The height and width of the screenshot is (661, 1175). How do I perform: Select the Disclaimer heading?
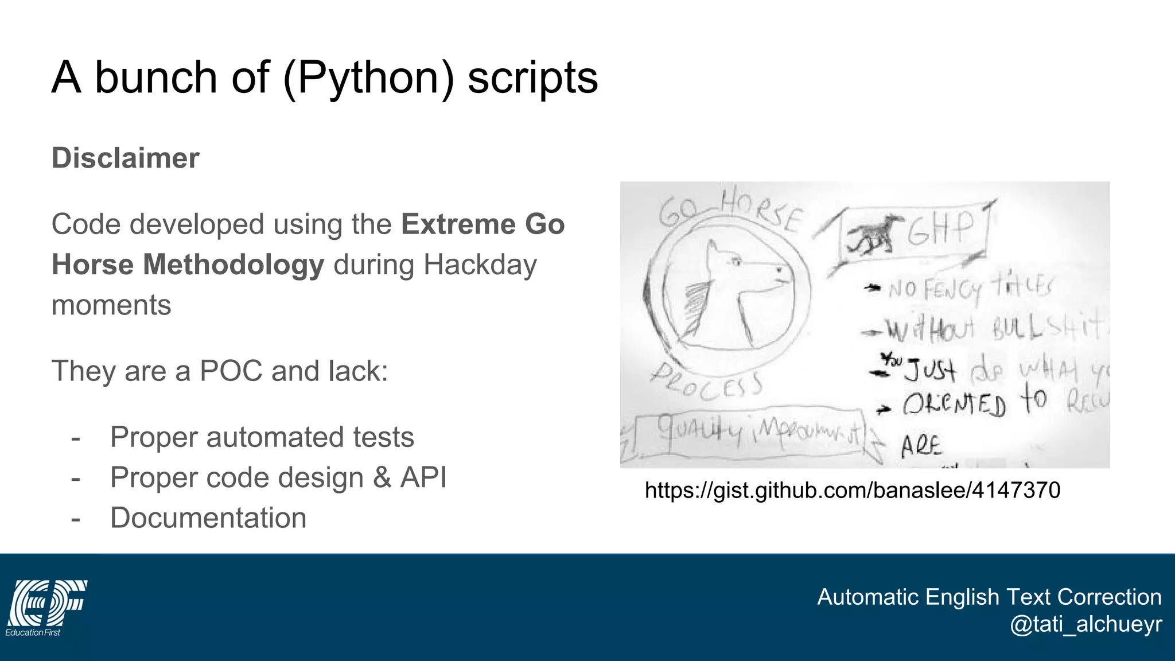(x=126, y=158)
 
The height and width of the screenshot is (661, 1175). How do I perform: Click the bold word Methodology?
(x=233, y=265)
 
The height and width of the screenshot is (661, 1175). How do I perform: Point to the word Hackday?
(x=480, y=265)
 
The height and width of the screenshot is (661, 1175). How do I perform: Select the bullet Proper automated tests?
(x=262, y=437)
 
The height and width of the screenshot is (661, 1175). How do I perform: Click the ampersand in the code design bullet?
(x=382, y=477)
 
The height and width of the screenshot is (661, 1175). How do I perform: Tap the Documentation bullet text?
(x=208, y=518)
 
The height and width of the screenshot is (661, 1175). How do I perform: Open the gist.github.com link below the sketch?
(x=852, y=490)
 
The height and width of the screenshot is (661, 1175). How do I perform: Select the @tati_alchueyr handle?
(x=1085, y=624)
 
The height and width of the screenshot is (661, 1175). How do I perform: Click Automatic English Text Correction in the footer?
(x=989, y=597)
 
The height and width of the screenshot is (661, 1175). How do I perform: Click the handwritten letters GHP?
(x=941, y=228)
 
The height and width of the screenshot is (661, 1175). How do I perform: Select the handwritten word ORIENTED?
(x=954, y=405)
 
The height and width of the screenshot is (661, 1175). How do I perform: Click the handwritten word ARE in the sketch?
(x=921, y=446)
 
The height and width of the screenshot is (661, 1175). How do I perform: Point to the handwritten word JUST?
(x=930, y=370)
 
